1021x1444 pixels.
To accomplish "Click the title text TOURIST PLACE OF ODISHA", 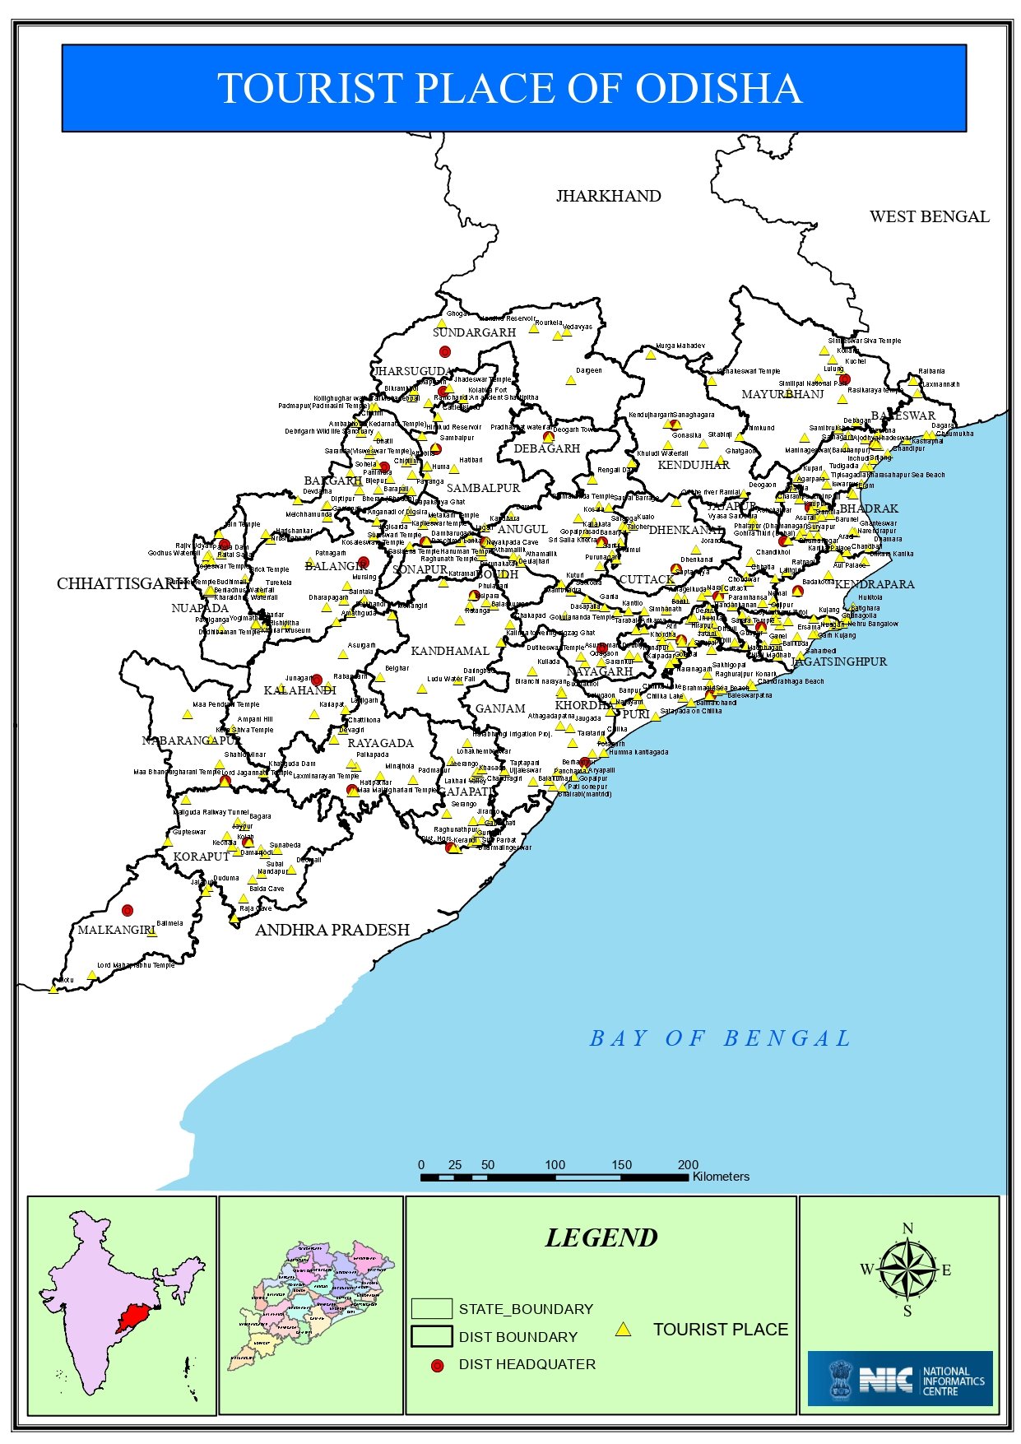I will [509, 88].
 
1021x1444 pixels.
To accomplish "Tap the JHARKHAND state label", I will [608, 196].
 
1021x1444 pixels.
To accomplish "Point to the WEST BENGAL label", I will [929, 216].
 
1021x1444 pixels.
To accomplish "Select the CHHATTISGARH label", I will [123, 583].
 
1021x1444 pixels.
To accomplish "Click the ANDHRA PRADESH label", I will [332, 930].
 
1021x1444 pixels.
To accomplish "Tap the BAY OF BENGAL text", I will [720, 1038].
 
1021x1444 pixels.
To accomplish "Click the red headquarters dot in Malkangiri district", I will [127, 910].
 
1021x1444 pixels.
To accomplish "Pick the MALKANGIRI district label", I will [116, 930].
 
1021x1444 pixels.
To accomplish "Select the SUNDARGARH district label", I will [474, 332].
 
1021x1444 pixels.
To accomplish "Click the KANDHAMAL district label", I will [449, 651].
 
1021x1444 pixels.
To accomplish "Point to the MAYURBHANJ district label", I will [782, 394].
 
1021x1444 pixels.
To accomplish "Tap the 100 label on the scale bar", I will [555, 1164].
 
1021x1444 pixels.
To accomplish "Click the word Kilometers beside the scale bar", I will [721, 1177].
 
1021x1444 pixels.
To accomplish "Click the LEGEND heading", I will [601, 1237].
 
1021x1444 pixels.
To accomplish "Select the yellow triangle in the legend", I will [624, 1330].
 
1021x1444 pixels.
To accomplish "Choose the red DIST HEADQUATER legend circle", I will [437, 1366].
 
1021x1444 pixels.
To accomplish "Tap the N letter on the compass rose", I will [907, 1228].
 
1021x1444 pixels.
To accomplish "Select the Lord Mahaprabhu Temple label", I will [136, 965].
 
